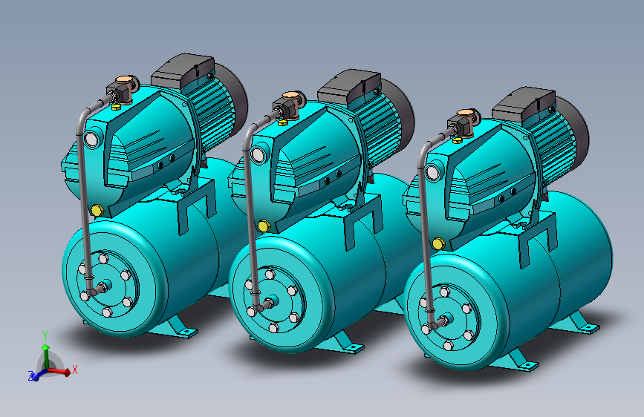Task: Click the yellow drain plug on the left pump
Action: pos(97,211)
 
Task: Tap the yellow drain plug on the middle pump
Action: pos(264,226)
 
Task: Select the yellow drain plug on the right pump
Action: pos(439,244)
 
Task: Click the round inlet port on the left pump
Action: pos(91,139)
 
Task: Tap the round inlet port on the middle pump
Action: pos(258,155)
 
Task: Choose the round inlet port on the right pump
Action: pos(432,173)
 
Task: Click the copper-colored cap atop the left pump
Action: pos(123,79)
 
